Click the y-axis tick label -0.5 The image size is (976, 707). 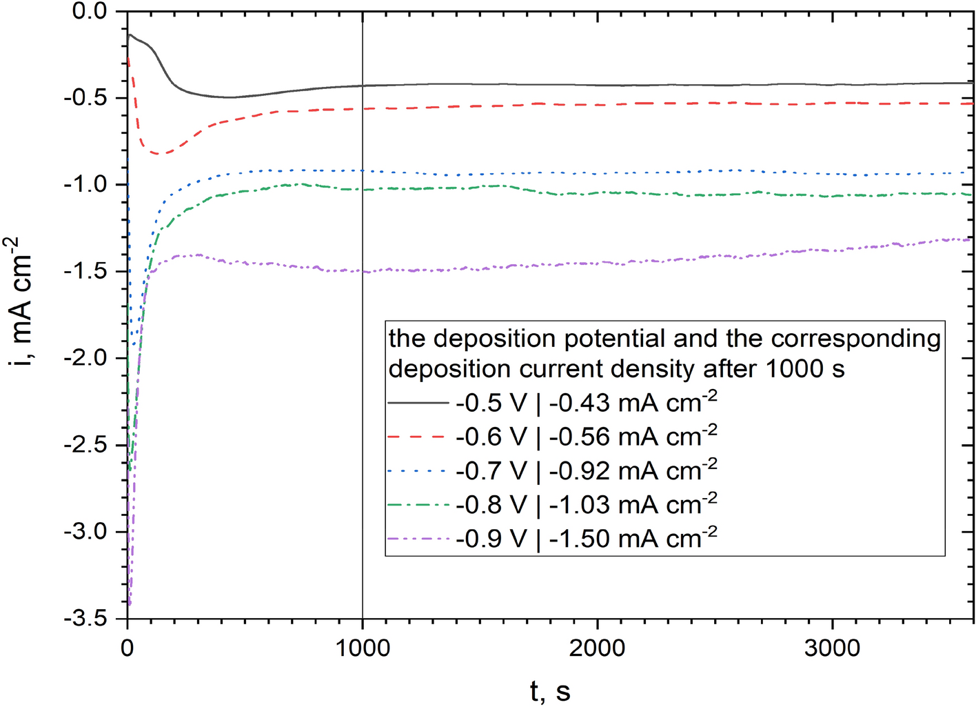tap(85, 97)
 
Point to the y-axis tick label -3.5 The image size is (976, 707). tap(85, 619)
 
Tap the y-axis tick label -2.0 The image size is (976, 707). tap(85, 358)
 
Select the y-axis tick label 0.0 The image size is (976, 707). tap(90, 11)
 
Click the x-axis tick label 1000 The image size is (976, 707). tap(362, 648)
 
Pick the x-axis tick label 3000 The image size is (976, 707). tap(832, 648)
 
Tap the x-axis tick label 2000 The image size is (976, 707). tap(597, 648)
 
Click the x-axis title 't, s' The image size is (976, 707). tap(550, 690)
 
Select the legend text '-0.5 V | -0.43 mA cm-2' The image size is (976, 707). tap(586, 402)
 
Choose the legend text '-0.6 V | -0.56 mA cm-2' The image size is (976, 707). tap(586, 436)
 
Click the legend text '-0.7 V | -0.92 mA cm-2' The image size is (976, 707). tap(586, 470)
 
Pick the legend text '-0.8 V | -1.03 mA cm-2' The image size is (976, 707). tap(586, 504)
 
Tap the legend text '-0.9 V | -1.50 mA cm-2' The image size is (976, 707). tap(586, 538)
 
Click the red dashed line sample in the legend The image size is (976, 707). tap(418, 437)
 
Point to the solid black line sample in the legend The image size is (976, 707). tap(418, 403)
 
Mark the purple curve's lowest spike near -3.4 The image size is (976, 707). tap(130, 604)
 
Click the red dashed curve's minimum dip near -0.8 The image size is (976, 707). tap(157, 153)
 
